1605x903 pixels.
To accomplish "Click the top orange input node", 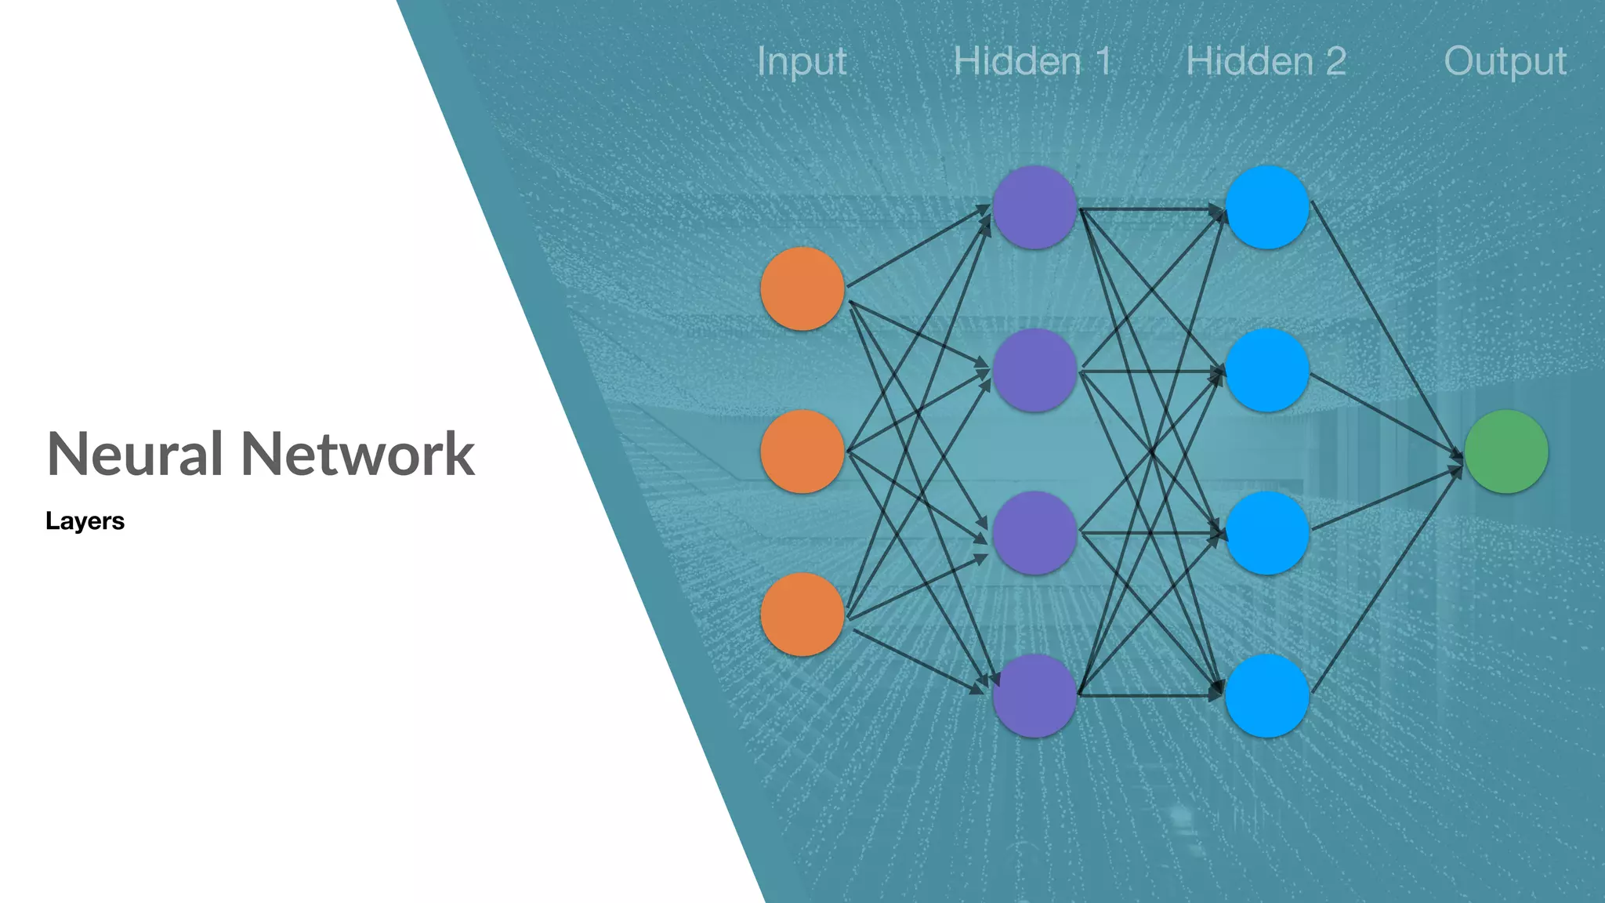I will click(802, 288).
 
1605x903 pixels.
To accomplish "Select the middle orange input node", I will click(802, 451).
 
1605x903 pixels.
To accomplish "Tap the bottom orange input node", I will click(802, 615).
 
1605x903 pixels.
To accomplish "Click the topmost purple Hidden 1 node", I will click(1034, 207).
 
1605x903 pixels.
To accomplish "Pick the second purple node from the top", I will click(1034, 370).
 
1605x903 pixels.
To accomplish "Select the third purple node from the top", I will click(1034, 533).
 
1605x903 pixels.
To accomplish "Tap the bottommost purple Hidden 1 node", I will click(1034, 696).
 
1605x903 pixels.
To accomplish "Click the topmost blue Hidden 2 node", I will click(1266, 207).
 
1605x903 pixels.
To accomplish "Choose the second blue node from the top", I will click(1266, 370).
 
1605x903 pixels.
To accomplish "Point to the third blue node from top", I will click(1266, 533).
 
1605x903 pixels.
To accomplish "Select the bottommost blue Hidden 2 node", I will click(1266, 696).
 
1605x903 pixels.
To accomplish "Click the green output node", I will click(1505, 451).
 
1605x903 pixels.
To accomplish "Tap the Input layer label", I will click(802, 62).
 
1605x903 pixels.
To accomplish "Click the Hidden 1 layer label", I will click(1032, 61).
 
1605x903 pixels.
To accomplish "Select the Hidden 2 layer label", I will click(1266, 61).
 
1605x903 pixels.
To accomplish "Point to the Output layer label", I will click(1505, 62).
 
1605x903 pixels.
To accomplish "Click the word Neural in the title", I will click(134, 454).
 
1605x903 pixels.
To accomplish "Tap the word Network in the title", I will click(357, 454).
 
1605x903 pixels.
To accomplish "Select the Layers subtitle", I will click(85, 521).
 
